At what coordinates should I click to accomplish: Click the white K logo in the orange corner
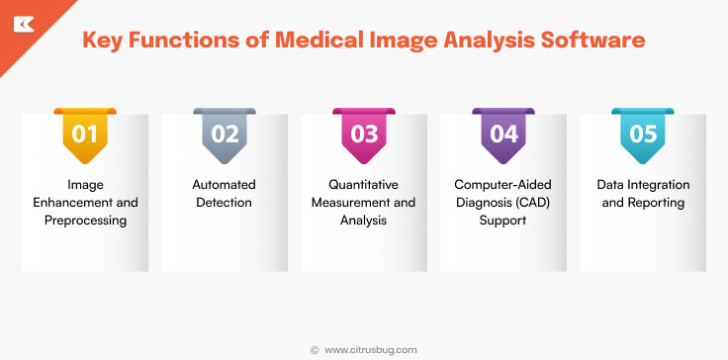pos(21,22)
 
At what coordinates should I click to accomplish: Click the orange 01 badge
pos(85,133)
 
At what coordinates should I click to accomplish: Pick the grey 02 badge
pos(225,133)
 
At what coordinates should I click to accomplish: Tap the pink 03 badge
pos(364,133)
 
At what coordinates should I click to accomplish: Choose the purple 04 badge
pos(503,133)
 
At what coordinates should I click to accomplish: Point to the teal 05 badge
pos(643,133)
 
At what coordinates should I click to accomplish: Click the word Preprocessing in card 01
pos(85,221)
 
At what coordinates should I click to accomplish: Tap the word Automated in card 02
pos(225,185)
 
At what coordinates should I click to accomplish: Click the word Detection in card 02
pos(225,203)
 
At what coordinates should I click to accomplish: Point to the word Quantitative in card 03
pos(364,185)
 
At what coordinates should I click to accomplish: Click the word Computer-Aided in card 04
pos(503,185)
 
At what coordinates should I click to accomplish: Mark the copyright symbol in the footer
pos(315,349)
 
